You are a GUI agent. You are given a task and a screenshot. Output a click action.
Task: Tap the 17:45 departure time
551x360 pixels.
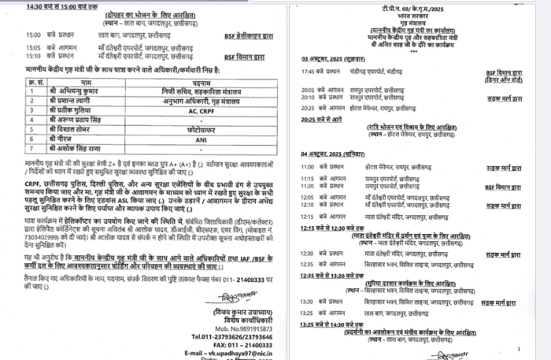[x=308, y=72]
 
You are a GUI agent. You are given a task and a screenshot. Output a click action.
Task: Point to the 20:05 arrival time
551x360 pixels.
[x=308, y=89]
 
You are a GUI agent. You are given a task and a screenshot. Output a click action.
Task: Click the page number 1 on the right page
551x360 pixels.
[x=520, y=347]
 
